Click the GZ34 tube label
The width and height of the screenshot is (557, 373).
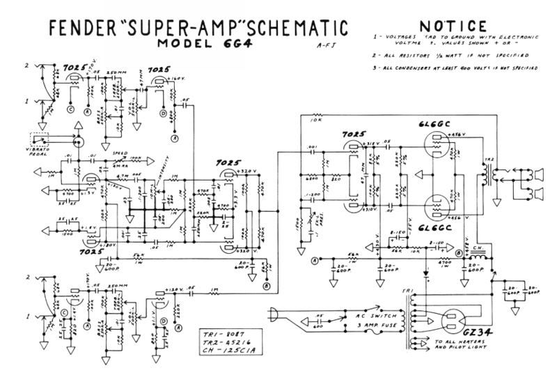pyautogui.click(x=478, y=334)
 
